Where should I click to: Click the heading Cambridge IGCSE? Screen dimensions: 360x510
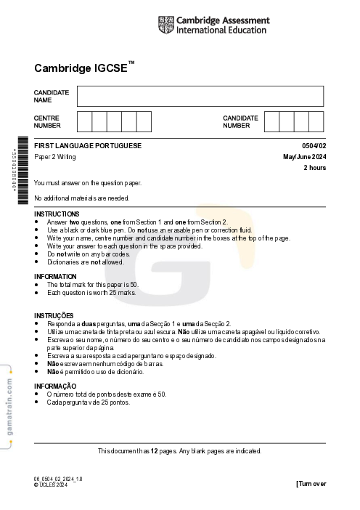[83, 68]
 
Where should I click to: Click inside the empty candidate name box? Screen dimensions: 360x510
[200, 96]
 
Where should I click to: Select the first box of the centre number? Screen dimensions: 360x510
[84, 121]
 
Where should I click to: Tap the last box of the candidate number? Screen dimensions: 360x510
[316, 121]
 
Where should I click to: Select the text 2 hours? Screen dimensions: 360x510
[314, 168]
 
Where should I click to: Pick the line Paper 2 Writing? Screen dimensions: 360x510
[55, 157]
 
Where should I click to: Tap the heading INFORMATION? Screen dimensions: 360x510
[55, 277]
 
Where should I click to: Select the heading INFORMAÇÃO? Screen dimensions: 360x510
[55, 386]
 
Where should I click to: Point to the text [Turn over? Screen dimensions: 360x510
[311, 484]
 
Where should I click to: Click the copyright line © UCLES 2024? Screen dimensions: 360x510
[50, 485]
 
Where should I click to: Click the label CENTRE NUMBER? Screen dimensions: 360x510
[46, 121]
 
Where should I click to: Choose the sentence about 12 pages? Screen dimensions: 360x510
[179, 450]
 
